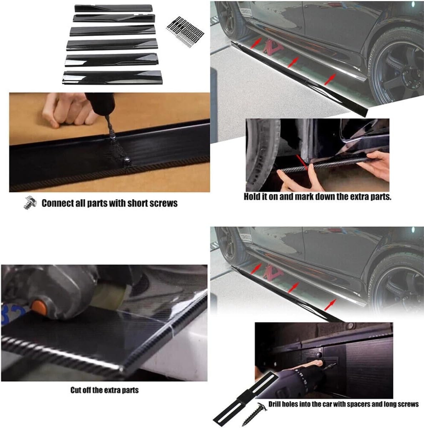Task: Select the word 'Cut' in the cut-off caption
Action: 75,390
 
